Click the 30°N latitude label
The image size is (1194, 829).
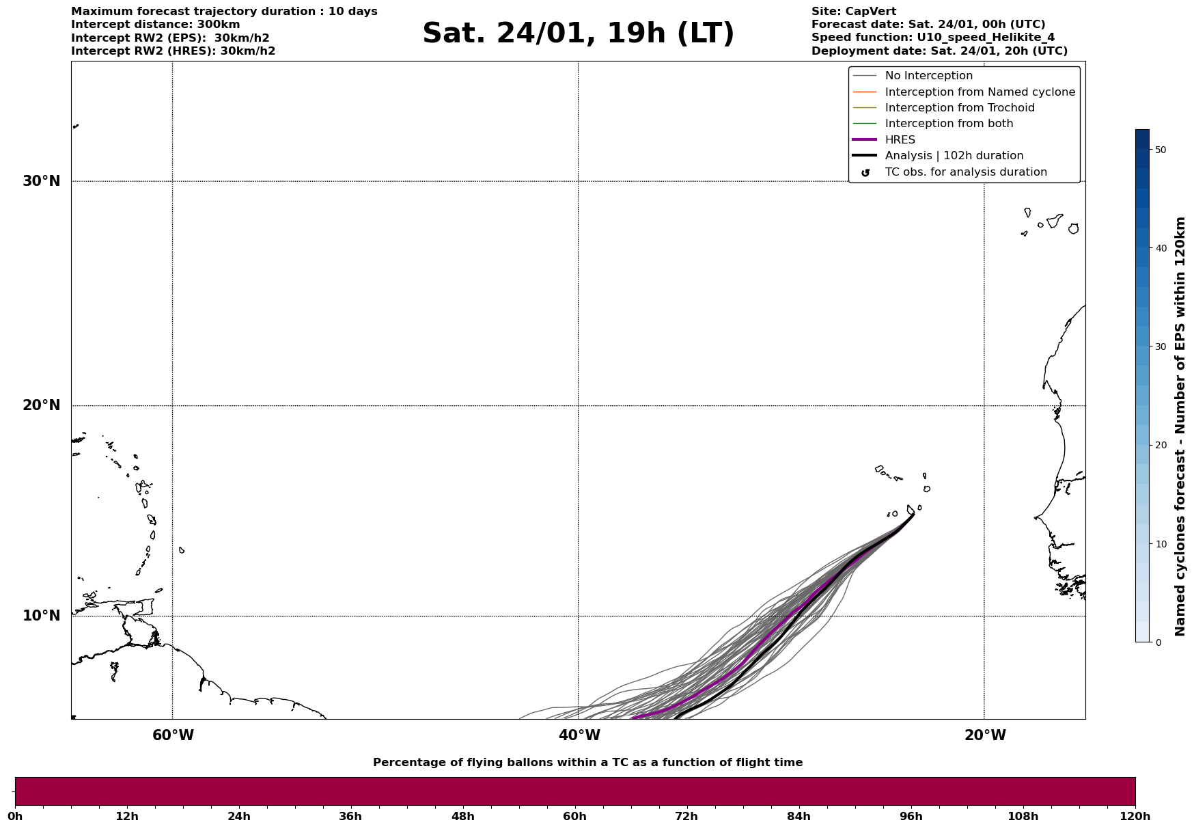tap(41, 181)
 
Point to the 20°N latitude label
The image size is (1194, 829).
tap(41, 405)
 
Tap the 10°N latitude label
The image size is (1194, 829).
tap(41, 616)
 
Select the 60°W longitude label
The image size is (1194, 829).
tap(173, 735)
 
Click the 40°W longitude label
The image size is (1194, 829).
tap(579, 735)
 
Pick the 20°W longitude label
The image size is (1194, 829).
tap(985, 735)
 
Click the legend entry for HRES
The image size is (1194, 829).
tap(900, 140)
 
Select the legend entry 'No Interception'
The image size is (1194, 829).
tap(928, 76)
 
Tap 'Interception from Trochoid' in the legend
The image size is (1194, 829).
tap(959, 108)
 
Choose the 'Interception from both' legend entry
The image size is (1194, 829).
tap(949, 124)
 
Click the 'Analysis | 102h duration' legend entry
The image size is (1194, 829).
tap(954, 156)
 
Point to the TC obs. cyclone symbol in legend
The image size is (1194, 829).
tap(865, 173)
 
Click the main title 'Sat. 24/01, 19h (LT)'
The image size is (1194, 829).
tap(578, 33)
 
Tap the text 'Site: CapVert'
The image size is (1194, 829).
tap(853, 12)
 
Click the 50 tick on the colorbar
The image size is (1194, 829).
tap(1161, 150)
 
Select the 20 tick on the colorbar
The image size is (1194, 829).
tap(1161, 446)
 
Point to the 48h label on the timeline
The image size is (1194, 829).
tap(462, 817)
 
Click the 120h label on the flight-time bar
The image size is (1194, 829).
tap(1135, 817)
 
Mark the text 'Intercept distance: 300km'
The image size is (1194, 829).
tap(155, 25)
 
